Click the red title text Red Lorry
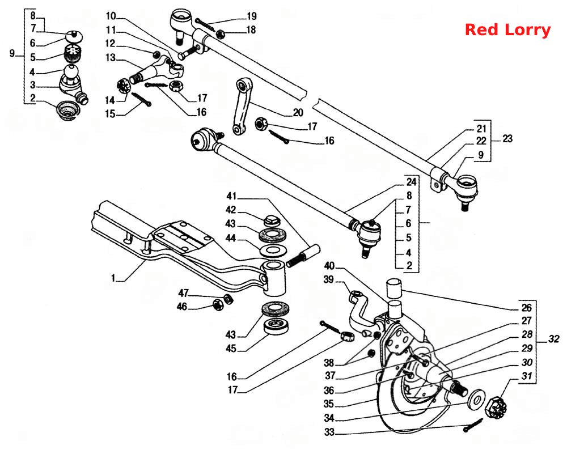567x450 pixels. pos(507,29)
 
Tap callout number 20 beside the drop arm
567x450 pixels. pos(298,113)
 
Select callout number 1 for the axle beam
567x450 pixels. pos(113,278)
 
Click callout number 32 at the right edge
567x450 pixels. pos(553,339)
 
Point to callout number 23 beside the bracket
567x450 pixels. pos(507,139)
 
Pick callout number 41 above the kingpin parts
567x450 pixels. pos(231,196)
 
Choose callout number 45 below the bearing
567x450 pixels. pos(231,349)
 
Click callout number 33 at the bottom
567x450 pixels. pos(329,432)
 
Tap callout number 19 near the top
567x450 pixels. pos(251,16)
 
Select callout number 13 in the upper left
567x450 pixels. pos(111,58)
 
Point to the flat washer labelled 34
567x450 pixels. pos(476,400)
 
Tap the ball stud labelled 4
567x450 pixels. pos(71,73)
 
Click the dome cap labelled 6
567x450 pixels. pos(74,36)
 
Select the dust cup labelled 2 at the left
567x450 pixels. pos(67,111)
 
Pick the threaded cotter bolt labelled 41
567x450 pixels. pos(303,256)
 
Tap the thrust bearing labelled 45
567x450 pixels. pos(276,326)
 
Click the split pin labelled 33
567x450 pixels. pos(473,425)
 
